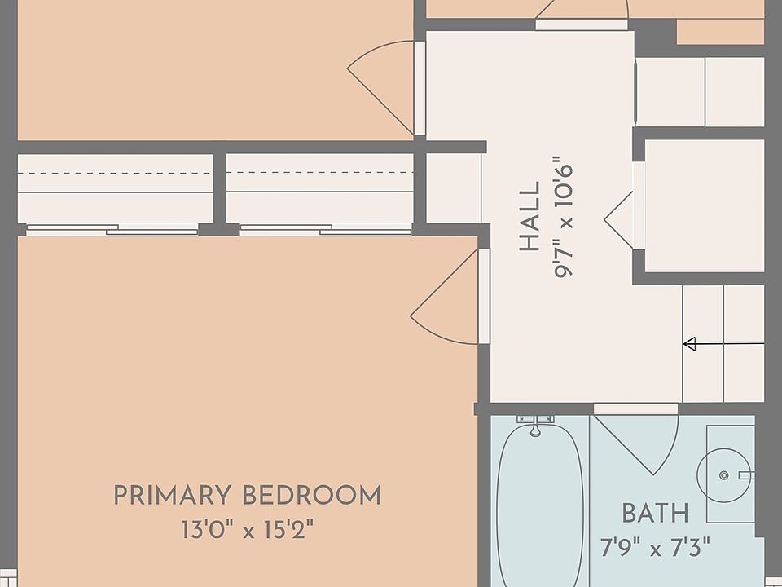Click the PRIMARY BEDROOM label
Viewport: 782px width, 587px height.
tap(248, 495)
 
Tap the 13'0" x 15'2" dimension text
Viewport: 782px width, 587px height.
tap(248, 530)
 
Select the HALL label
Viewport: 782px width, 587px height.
tap(529, 217)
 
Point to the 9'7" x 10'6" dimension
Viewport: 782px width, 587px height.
tap(563, 217)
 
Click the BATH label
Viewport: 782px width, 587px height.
tap(655, 513)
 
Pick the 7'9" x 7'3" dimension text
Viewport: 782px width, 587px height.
tap(655, 547)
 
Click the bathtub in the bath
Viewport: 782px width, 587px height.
tap(539, 504)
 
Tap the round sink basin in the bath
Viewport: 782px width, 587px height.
tap(723, 475)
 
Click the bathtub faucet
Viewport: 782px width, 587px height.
tap(535, 425)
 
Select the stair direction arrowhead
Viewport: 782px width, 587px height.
tap(689, 344)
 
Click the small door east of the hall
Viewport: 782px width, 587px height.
tap(618, 219)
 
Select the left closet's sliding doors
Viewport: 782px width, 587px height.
tap(112, 230)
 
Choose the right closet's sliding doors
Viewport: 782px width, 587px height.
tap(326, 230)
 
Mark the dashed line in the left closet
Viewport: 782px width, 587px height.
tap(115, 173)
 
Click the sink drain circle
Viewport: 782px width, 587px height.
tap(723, 475)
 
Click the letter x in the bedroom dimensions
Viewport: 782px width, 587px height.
tap(248, 532)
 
